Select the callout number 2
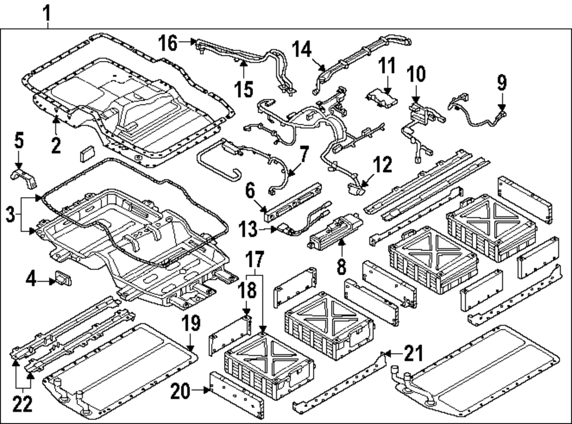pos(55,145)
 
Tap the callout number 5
pos(19,141)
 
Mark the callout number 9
pos(502,84)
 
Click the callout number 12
pos(382,165)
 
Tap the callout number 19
pos(191,325)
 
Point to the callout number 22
pos(23,404)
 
